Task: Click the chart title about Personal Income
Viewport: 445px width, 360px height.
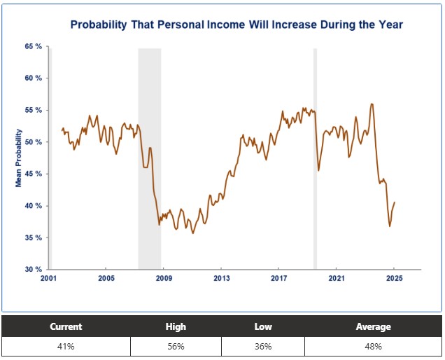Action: [x=236, y=25]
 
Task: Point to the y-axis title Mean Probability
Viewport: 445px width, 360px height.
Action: [x=19, y=158]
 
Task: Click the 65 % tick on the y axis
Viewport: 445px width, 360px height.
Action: [x=33, y=46]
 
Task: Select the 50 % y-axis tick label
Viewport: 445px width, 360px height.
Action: [x=33, y=142]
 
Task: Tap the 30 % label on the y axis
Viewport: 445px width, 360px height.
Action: [x=33, y=270]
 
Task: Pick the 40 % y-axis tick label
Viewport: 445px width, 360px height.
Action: [x=33, y=206]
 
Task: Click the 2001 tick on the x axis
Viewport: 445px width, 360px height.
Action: [x=48, y=279]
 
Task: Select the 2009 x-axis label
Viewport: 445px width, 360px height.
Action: [x=163, y=279]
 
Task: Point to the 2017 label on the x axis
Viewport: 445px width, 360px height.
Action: [x=278, y=279]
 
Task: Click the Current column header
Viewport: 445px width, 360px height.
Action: [x=66, y=326]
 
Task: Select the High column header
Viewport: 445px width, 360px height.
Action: [x=176, y=326]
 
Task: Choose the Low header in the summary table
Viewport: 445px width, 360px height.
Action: [x=263, y=326]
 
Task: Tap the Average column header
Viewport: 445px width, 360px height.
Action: [x=374, y=326]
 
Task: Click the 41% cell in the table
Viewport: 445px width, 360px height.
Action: [x=66, y=347]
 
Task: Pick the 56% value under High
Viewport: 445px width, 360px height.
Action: [x=176, y=347]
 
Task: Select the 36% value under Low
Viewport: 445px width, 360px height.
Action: [x=263, y=347]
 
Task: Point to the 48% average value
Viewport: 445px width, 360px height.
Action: [x=374, y=347]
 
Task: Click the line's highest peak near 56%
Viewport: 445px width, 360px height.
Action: [x=372, y=104]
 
